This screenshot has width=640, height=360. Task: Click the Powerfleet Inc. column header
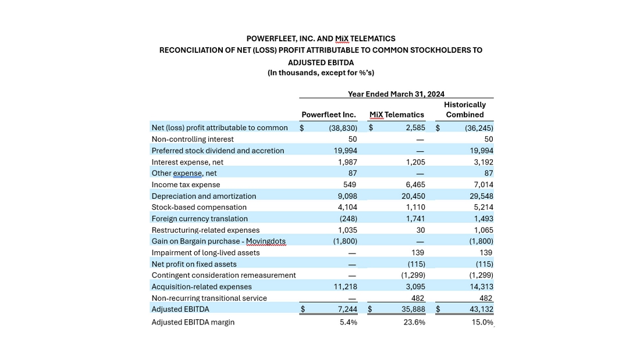pyautogui.click(x=329, y=115)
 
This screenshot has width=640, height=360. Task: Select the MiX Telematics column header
pyautogui.click(x=397, y=115)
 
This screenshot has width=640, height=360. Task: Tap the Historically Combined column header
pyautogui.click(x=464, y=110)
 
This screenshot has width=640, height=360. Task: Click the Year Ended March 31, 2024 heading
pyautogui.click(x=396, y=94)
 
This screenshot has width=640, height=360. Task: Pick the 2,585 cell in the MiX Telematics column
pyautogui.click(x=415, y=128)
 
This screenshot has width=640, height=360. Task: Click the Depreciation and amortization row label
pyautogui.click(x=204, y=196)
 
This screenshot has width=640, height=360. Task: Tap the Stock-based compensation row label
pyautogui.click(x=199, y=207)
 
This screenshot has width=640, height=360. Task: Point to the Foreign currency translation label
pyautogui.click(x=200, y=219)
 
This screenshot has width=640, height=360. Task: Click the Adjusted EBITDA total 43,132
pyautogui.click(x=481, y=309)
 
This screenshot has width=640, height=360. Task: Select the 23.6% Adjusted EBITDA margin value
pyautogui.click(x=414, y=322)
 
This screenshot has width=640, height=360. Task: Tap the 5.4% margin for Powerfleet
pyautogui.click(x=348, y=322)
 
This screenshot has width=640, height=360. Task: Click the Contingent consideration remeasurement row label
pyautogui.click(x=223, y=275)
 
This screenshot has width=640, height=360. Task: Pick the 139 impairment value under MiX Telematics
pyautogui.click(x=417, y=253)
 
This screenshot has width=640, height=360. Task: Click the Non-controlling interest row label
pyautogui.click(x=193, y=140)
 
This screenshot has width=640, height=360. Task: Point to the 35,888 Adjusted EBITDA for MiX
pyautogui.click(x=413, y=309)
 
